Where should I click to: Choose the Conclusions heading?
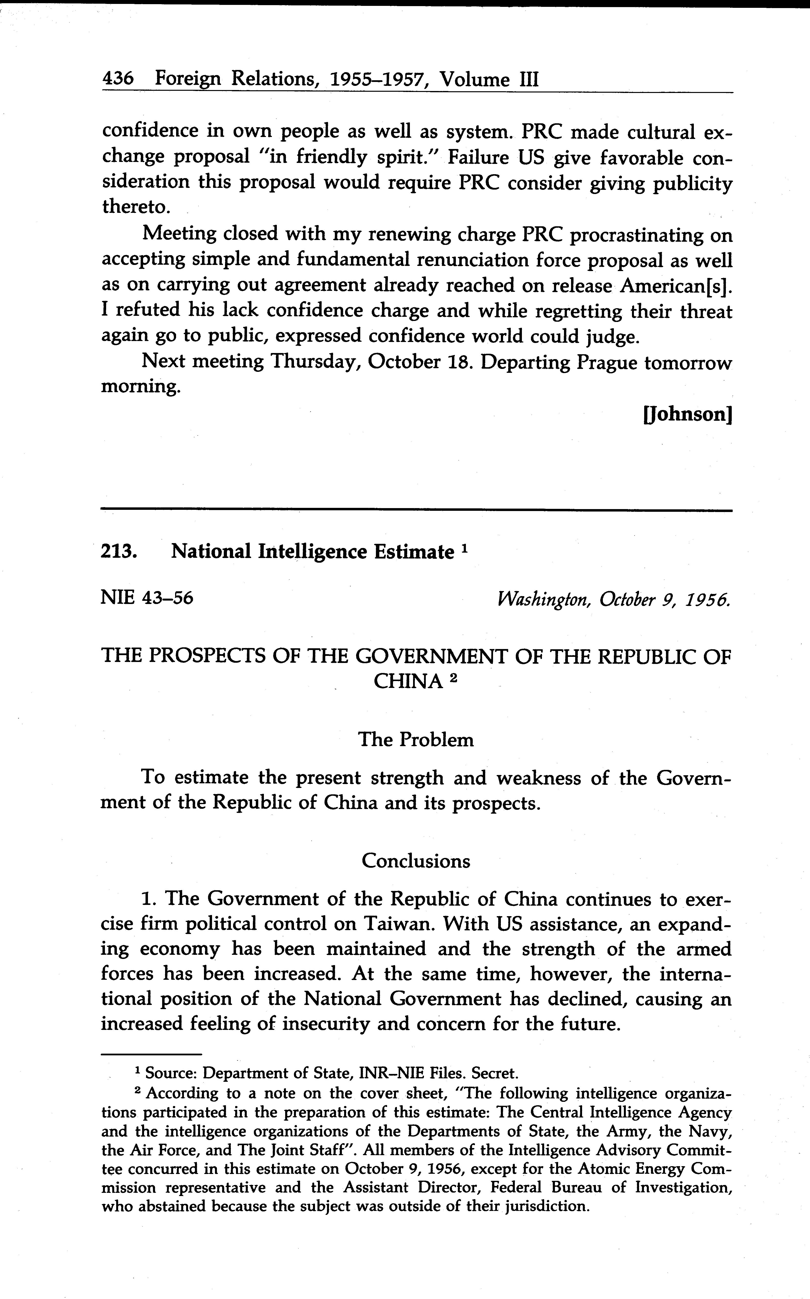[416, 861]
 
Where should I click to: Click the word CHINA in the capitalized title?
[408, 682]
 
